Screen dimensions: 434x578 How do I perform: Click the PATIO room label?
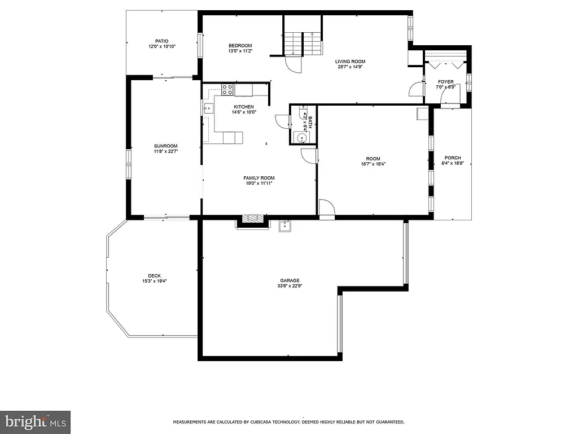click(162, 41)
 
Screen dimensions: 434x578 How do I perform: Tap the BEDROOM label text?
click(240, 46)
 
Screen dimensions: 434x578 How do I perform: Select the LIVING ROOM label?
click(350, 62)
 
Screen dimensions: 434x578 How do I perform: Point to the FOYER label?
click(445, 82)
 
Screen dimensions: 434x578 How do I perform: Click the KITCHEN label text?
click(244, 107)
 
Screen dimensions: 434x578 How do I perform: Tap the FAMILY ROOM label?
click(260, 178)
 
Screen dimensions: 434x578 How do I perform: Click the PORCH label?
click(453, 158)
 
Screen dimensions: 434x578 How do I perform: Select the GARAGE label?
click(290, 280)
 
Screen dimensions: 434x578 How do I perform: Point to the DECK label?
click(154, 276)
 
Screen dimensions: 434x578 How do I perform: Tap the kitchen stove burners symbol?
click(227, 89)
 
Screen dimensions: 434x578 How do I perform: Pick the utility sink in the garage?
click(284, 227)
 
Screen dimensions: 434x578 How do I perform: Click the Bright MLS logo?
click(35, 422)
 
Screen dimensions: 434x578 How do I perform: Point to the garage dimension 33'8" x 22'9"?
click(290, 286)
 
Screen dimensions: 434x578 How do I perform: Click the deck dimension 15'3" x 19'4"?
click(154, 281)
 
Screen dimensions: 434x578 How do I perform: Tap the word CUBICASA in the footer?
click(258, 422)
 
